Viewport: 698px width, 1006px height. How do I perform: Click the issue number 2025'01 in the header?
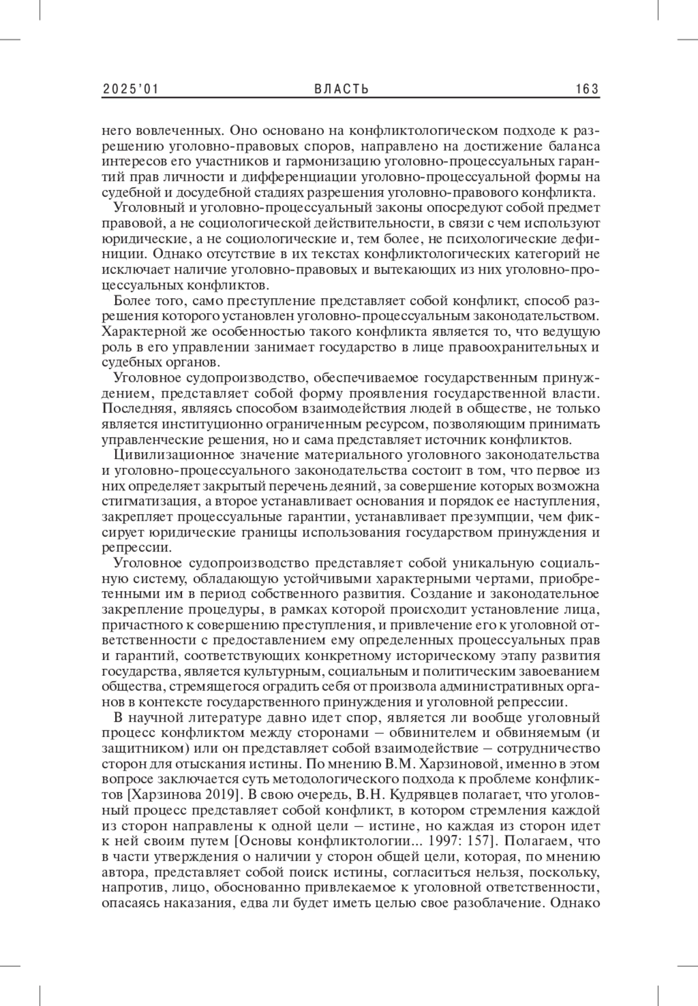coord(131,89)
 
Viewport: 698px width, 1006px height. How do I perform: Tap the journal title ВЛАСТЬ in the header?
coord(341,89)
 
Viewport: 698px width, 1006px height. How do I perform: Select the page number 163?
coord(587,89)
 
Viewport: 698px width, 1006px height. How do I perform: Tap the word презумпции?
coord(487,517)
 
